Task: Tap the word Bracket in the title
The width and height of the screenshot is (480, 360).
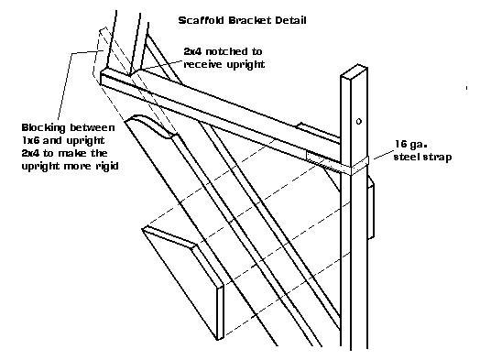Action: click(250, 20)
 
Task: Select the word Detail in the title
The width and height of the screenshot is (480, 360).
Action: click(290, 20)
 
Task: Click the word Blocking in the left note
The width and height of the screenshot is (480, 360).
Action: click(43, 128)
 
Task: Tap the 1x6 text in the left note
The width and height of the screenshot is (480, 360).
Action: click(30, 140)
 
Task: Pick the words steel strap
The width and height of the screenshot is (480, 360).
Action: click(422, 157)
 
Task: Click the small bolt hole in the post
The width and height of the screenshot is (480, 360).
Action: click(359, 122)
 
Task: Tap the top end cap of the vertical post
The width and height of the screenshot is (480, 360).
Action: click(354, 71)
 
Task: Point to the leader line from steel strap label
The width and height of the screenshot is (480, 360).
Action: click(383, 155)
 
